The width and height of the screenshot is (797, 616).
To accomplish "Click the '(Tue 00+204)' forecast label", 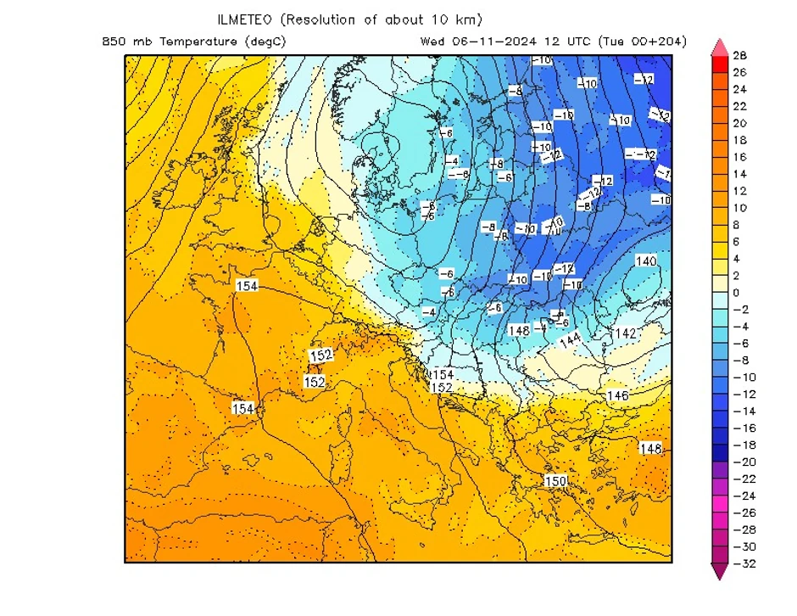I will [642, 42].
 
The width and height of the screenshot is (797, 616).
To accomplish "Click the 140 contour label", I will [646, 261].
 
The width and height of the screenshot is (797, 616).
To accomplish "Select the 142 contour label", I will [625, 333].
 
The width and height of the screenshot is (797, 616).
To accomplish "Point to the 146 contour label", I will [617, 396].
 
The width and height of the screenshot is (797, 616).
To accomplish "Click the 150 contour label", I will [555, 481].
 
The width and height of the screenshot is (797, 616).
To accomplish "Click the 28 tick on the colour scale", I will [739, 56].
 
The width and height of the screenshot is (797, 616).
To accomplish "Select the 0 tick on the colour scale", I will [736, 293].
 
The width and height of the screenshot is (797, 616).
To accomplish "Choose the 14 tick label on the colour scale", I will [739, 174].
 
